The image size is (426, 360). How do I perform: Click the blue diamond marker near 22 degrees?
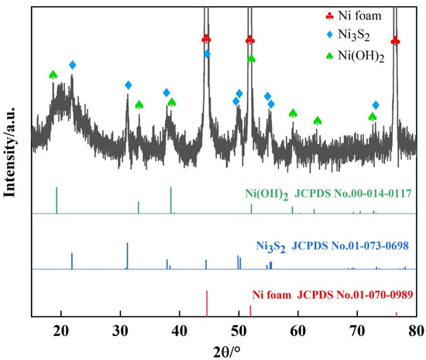coord(73,65)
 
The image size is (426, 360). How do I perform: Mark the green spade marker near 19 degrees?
coord(53,74)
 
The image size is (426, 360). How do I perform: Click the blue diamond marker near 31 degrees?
coord(129,84)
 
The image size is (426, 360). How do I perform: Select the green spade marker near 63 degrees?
coord(318,121)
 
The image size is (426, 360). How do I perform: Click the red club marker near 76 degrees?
coord(395,41)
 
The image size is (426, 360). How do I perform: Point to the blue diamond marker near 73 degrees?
coord(376,105)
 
